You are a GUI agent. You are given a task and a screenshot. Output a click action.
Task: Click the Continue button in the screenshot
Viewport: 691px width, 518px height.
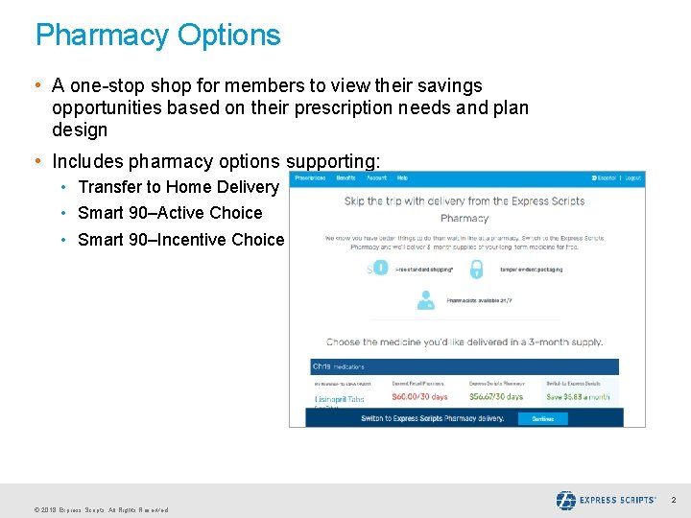pos(542,418)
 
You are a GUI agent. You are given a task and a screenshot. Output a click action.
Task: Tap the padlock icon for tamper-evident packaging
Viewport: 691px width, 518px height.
pos(475,270)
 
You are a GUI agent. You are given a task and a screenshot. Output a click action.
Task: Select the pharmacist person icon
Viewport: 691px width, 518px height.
pos(425,300)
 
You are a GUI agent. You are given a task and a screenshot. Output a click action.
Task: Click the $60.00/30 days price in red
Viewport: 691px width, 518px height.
pos(419,396)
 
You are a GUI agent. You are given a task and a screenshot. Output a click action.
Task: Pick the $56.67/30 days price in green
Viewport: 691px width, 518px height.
pos(496,396)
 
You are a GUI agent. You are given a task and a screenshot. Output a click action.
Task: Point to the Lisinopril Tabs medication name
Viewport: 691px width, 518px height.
pos(339,398)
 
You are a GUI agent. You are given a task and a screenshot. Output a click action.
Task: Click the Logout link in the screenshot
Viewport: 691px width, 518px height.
pos(632,177)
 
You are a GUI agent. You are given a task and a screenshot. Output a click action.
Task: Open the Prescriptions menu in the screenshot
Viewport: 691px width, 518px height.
pos(310,177)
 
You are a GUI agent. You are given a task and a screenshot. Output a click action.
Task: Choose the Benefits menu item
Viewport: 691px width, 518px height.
pos(345,177)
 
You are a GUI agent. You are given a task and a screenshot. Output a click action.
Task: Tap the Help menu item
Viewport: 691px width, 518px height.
pos(402,177)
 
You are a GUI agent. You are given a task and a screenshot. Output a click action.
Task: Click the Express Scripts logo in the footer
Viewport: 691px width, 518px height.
pos(606,500)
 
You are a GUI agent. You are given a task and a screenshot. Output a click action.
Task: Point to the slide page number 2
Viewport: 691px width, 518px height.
pos(673,500)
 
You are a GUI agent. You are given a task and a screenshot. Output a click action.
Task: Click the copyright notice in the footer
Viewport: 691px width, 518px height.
pos(101,509)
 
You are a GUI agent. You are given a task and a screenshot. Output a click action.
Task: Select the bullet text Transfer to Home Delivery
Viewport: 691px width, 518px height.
pos(178,187)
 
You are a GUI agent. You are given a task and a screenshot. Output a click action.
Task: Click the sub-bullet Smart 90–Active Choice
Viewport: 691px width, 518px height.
pos(170,213)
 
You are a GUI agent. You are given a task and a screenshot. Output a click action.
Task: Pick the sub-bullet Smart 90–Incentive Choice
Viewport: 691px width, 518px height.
pos(180,240)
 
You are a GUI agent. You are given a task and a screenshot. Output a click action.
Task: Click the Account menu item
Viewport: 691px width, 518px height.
pos(376,177)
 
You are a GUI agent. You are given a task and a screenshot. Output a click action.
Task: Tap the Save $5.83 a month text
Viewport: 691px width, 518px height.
pos(578,396)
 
